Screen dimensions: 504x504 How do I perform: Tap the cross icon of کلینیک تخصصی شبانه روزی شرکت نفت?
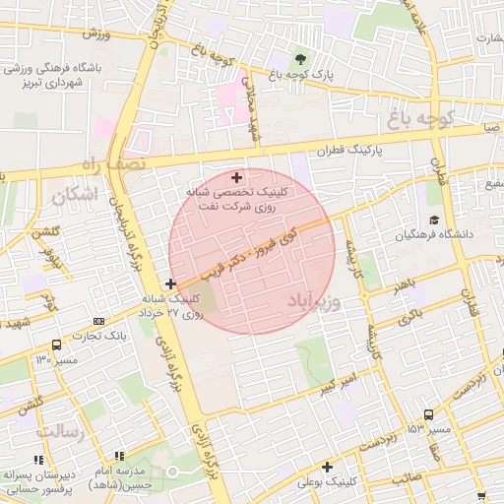(235, 176)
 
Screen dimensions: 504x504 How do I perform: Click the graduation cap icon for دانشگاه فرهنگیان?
(433, 220)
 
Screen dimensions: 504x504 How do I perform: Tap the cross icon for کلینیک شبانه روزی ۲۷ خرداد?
(171, 283)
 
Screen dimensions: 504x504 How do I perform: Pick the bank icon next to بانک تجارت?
(98, 321)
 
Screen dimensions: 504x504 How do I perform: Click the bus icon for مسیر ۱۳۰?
(56, 345)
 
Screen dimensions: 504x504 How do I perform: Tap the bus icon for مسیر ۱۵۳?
(427, 415)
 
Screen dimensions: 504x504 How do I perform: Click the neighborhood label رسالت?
(57, 431)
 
